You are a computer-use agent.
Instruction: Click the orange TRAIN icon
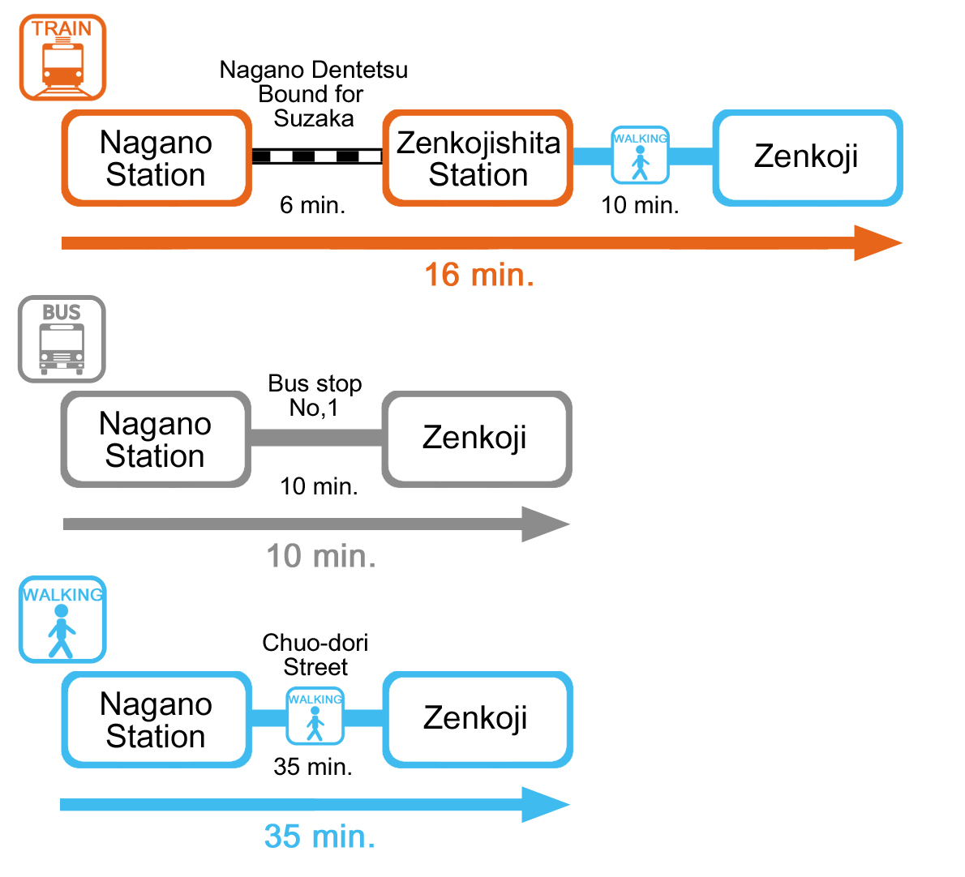tap(62, 58)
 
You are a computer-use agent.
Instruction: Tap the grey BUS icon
tap(62, 339)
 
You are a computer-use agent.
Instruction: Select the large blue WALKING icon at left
tap(62, 620)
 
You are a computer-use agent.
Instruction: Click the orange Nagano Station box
tap(157, 158)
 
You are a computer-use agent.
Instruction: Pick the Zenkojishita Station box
tap(478, 158)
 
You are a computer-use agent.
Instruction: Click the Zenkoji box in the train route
tap(807, 157)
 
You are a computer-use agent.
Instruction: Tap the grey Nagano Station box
tap(156, 439)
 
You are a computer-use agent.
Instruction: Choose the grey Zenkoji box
tap(476, 438)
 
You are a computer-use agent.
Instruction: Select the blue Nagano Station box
tap(157, 720)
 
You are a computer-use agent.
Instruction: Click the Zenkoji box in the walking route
tap(477, 719)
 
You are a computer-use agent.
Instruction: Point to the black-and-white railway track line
tap(316, 156)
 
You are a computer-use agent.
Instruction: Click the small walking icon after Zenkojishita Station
tap(640, 156)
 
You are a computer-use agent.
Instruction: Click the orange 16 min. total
tap(479, 275)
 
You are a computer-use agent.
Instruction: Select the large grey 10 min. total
tap(321, 556)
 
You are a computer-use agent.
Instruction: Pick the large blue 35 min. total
tap(320, 836)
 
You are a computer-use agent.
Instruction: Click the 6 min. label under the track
tap(312, 205)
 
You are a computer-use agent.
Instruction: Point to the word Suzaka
tap(314, 119)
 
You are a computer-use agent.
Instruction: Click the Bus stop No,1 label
tap(315, 396)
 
